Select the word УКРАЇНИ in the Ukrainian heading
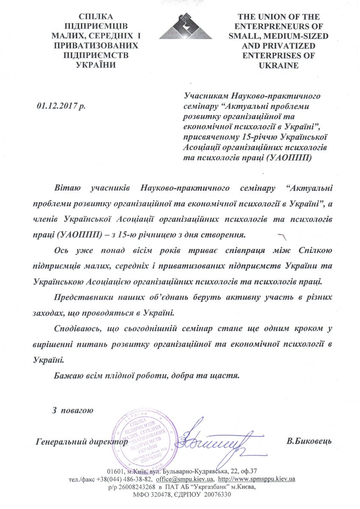coord(95,64)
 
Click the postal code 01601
coord(116,471)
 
